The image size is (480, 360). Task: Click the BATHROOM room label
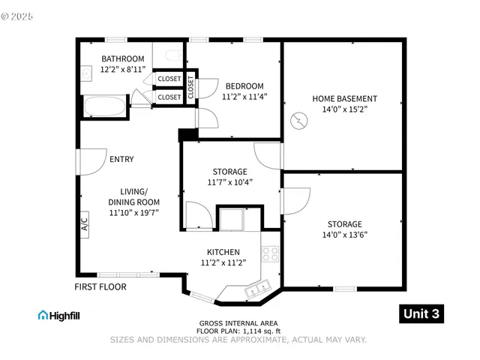click(122, 58)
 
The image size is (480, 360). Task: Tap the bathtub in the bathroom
click(105, 106)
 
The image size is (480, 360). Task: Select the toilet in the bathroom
click(170, 56)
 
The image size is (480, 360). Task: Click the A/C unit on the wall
click(84, 224)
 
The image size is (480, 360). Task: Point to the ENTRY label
click(121, 159)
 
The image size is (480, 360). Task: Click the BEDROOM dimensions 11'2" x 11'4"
click(244, 96)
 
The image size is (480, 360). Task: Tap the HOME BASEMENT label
click(344, 98)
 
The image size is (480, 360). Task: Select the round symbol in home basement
click(298, 121)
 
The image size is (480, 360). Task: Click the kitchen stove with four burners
click(270, 253)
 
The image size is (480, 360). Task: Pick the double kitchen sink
click(259, 287)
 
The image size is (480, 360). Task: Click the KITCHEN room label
click(223, 252)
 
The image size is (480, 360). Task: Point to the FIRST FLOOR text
click(100, 286)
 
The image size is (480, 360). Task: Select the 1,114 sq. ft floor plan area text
click(238, 330)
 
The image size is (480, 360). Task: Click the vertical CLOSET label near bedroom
click(190, 87)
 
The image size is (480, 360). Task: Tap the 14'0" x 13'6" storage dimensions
click(344, 234)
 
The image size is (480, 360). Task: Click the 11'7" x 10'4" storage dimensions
click(229, 181)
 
